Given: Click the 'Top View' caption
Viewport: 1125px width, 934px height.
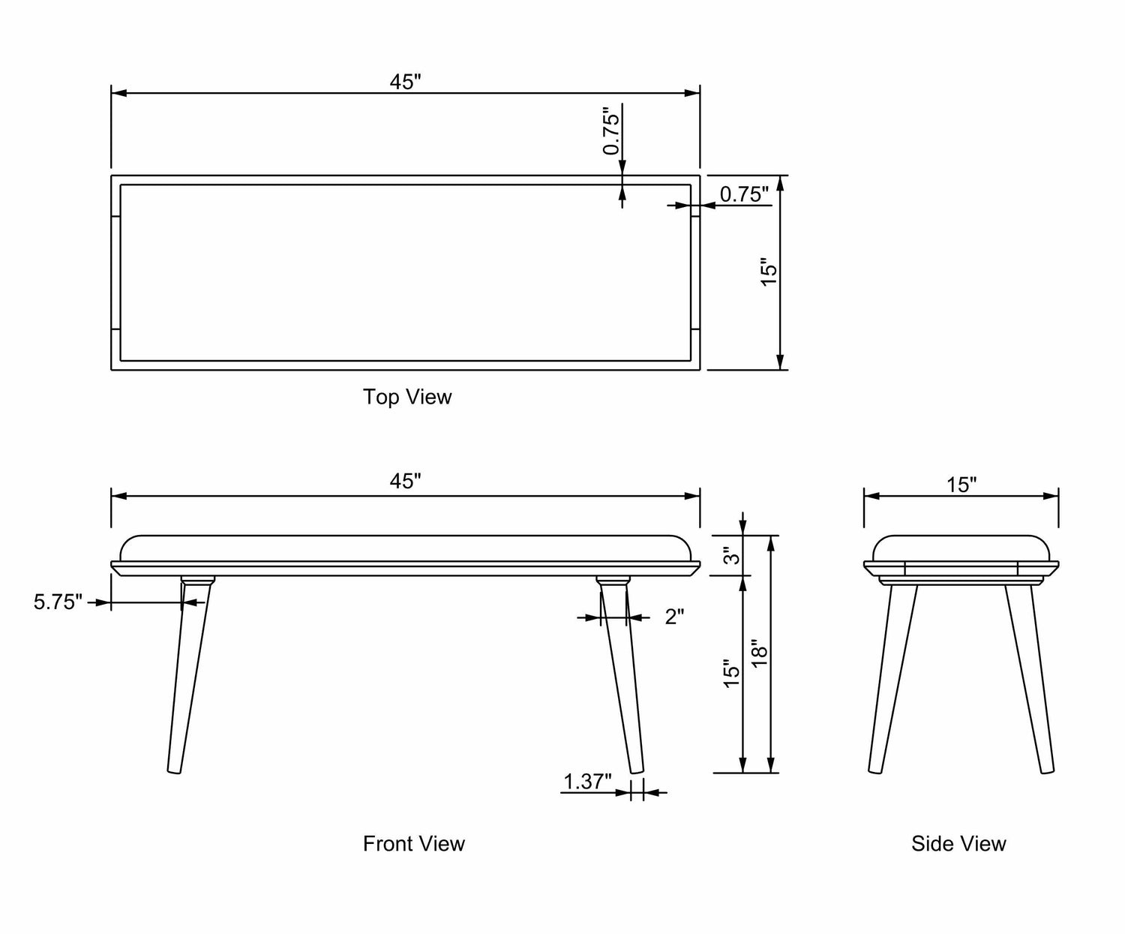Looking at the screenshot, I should coord(407,396).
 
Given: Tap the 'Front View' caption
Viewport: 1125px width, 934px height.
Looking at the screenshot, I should coord(413,844).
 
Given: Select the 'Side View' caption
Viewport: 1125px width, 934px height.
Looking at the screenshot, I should coord(958,844).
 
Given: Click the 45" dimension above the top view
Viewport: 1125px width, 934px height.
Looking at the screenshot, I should coord(406,82).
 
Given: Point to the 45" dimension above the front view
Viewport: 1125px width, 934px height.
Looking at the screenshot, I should coord(406,482).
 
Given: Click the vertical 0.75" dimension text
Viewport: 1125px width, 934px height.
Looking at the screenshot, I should coord(612,134).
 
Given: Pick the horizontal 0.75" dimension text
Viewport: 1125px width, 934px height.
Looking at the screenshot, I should coord(744,194).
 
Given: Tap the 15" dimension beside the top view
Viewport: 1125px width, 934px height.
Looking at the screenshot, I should coord(769,273).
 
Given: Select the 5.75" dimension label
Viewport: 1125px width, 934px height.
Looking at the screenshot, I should coord(58,602).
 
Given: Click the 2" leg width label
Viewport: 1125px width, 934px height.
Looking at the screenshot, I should coord(674,617).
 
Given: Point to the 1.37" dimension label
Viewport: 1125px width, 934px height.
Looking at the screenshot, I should coord(587,782).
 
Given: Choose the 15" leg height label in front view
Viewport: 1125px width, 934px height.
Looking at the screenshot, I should coord(731,673).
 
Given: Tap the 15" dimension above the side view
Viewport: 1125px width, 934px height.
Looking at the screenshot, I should coord(961,485).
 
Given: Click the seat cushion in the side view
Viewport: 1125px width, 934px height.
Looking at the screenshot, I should coord(961,548).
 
